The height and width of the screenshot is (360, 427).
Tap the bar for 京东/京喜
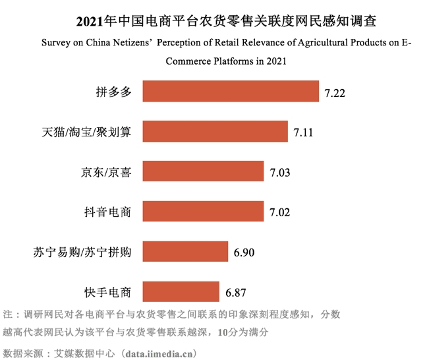(204, 172)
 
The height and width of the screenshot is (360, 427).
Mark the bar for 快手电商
(181, 291)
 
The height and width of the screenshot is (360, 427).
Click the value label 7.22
(335, 93)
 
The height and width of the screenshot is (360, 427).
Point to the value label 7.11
(304, 133)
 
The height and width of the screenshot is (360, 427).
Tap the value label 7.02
(280, 212)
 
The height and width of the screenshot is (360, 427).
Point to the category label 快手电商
(109, 291)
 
